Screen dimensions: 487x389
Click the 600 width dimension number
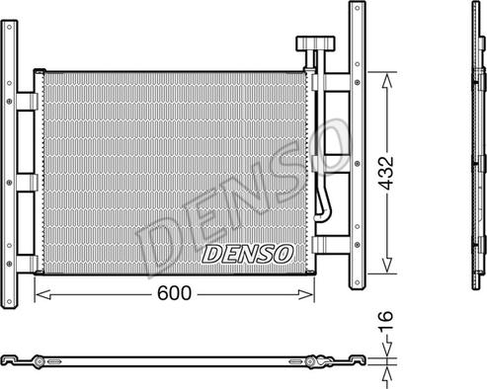click(174, 293)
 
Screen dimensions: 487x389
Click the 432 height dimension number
click(385, 173)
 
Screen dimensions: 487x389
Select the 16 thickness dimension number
click(385, 321)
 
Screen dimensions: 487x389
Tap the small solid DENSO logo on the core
click(248, 254)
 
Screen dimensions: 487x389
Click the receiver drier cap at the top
click(315, 43)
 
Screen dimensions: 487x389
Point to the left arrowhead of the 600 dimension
click(42, 295)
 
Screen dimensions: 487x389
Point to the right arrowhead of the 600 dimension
click(306, 295)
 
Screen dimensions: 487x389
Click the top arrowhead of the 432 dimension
click(387, 81)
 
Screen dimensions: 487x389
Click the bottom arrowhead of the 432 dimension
click(387, 265)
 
